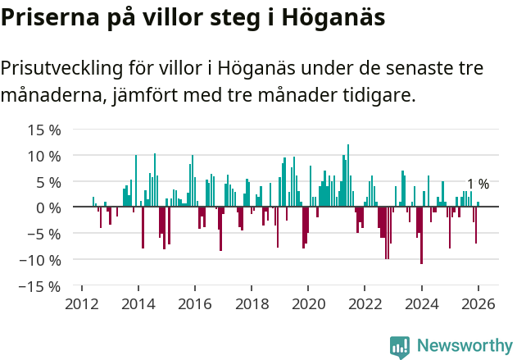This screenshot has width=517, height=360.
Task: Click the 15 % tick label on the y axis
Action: (x=44, y=130)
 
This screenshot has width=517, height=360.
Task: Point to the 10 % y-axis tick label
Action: (x=44, y=156)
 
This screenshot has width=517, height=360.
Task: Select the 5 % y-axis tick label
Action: (x=48, y=182)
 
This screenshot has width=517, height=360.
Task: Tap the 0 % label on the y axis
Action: (x=48, y=208)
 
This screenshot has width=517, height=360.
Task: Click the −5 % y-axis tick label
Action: (x=44, y=234)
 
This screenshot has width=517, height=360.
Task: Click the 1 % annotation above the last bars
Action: (x=478, y=185)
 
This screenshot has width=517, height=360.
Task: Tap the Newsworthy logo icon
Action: (x=400, y=346)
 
